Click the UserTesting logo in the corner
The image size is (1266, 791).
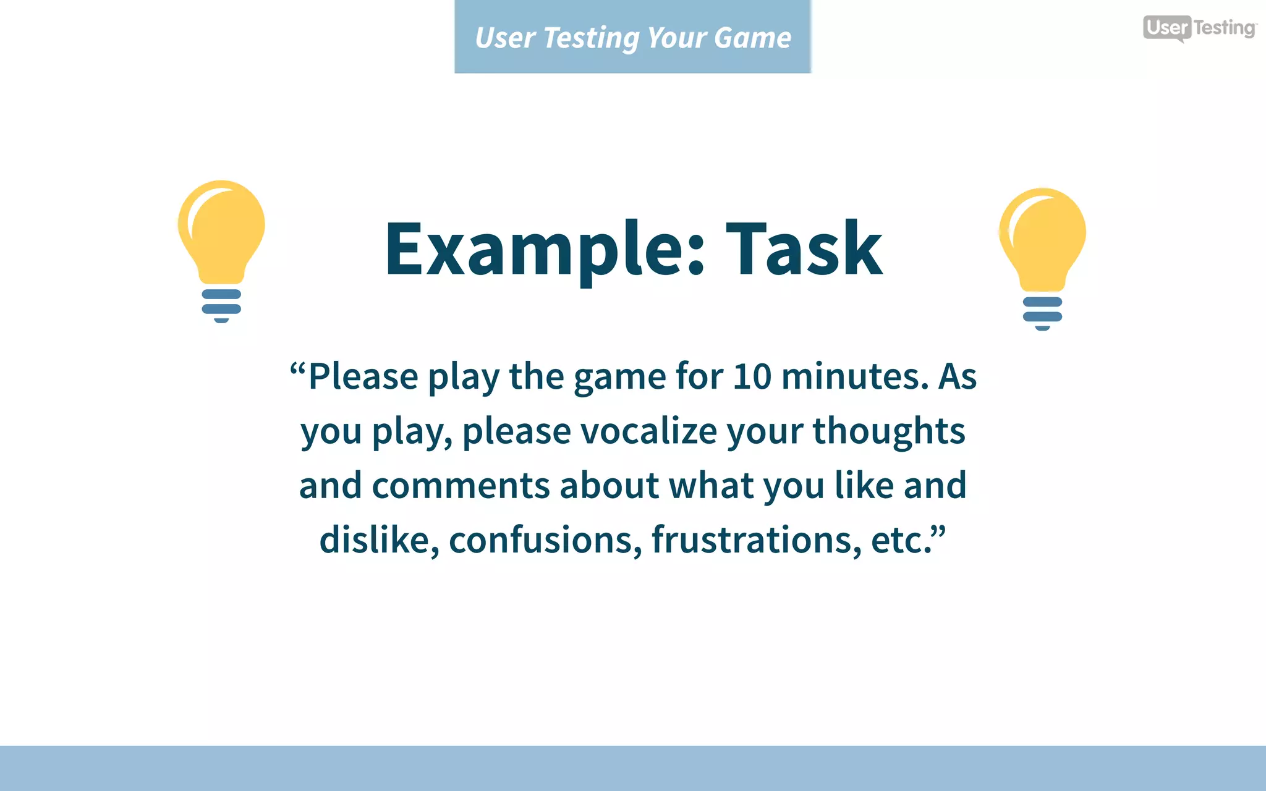click(x=1199, y=28)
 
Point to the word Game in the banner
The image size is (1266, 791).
click(x=752, y=38)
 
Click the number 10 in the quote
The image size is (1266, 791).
click(x=752, y=376)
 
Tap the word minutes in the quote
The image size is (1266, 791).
click(x=855, y=376)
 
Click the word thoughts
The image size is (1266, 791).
click(x=888, y=431)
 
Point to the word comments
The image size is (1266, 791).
click(x=461, y=485)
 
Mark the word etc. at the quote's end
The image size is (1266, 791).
click(x=903, y=539)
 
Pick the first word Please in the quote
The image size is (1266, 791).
click(x=363, y=376)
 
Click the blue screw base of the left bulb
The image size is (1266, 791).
click(x=221, y=305)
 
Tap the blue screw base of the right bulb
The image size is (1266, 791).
click(x=1042, y=313)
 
